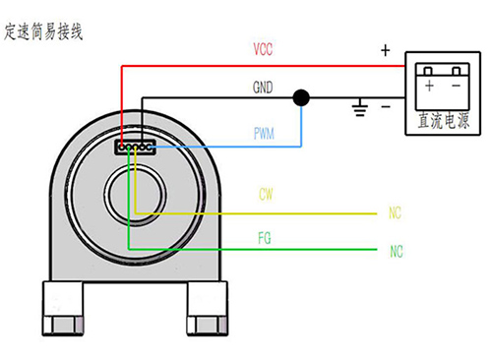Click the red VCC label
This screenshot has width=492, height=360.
point(263,49)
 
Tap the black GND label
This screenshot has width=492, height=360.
point(263,88)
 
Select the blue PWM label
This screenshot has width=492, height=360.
point(264,134)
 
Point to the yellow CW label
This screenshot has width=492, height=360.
point(266,194)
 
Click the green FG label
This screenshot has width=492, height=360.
point(265,238)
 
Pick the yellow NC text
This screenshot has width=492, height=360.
point(395,212)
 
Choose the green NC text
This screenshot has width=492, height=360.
point(397,252)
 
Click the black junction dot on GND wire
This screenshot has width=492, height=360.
point(301,97)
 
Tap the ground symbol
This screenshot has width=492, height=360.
point(360,107)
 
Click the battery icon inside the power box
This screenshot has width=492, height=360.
point(443,87)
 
